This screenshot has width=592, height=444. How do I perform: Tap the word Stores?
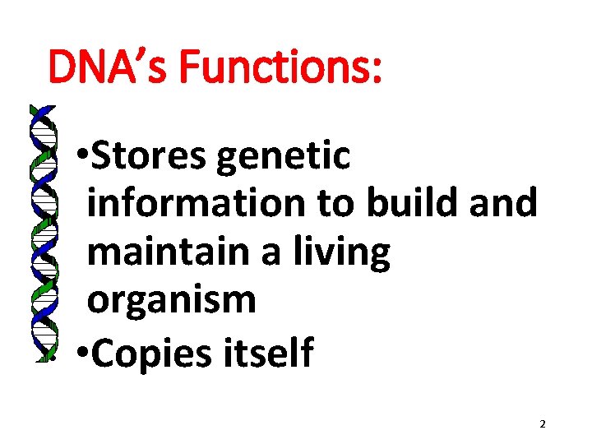[x=149, y=156]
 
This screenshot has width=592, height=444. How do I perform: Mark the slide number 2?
[x=543, y=424]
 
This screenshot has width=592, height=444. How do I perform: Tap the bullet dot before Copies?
[x=81, y=354]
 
